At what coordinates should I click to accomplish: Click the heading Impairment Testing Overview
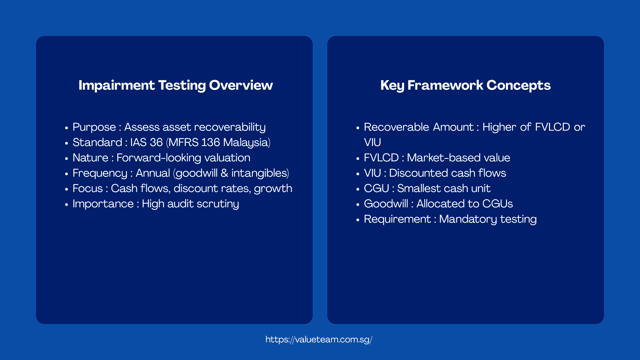click(176, 85)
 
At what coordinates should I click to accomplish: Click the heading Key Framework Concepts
click(465, 85)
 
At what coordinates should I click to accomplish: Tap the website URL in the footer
click(319, 340)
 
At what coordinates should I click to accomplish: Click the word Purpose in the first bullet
click(94, 127)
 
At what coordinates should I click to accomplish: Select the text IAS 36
click(146, 143)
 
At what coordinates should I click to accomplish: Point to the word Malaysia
click(246, 143)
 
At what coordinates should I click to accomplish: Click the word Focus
click(88, 189)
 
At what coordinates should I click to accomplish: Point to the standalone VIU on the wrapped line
click(372, 143)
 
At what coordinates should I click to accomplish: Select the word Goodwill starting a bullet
click(386, 204)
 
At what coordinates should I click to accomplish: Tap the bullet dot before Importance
click(66, 204)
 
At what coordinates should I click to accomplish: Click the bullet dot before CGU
click(358, 189)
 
